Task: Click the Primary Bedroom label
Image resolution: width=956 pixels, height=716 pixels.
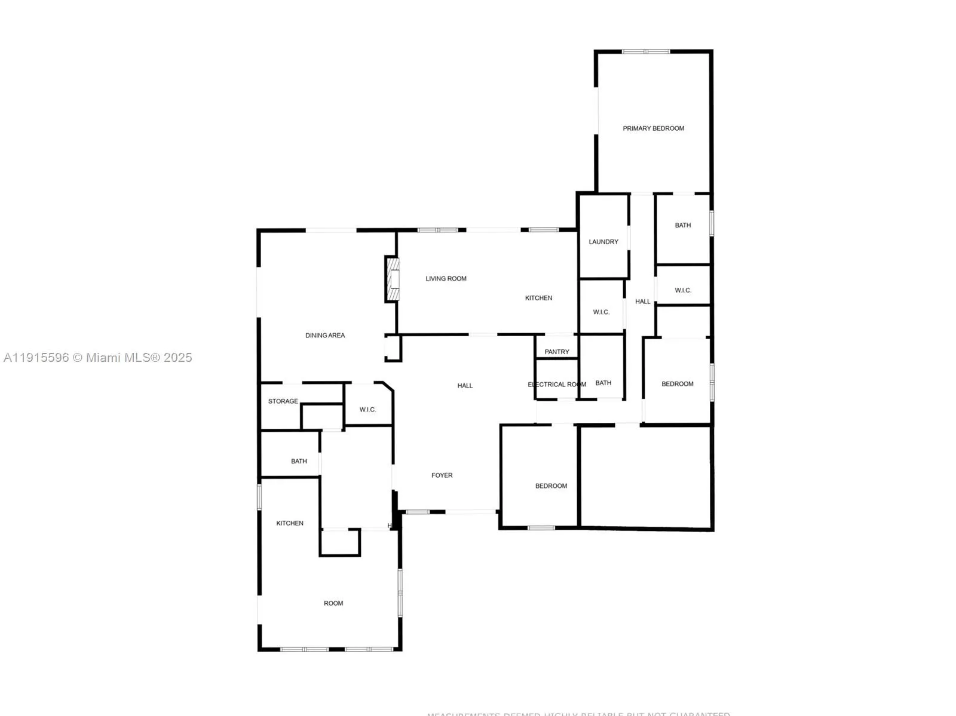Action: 653,128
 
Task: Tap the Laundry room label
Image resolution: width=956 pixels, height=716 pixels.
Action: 603,242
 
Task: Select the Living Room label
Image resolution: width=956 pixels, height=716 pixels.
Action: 446,279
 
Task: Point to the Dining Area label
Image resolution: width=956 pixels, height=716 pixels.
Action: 325,336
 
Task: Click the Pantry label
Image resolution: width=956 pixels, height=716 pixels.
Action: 557,352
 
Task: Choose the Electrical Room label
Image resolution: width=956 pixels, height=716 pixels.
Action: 557,385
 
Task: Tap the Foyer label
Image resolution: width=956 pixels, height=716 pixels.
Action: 442,475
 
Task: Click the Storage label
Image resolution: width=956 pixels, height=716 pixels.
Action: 283,401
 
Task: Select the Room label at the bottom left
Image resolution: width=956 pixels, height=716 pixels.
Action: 333,603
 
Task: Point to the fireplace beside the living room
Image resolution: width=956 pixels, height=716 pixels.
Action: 392,279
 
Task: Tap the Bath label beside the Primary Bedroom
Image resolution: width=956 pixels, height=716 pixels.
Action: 683,225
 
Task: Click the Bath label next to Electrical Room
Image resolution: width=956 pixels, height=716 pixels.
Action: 603,383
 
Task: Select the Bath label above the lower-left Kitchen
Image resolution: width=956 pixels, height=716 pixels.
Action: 299,461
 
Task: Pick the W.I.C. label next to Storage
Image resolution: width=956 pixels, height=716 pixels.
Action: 367,410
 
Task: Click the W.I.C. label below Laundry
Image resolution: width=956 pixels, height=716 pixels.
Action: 601,312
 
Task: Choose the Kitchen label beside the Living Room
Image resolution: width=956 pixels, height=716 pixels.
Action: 538,298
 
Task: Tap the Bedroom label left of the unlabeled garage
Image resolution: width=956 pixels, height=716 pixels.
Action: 551,486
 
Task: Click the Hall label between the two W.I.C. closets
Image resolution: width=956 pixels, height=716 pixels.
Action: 643,302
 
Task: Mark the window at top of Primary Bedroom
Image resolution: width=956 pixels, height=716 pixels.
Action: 646,52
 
